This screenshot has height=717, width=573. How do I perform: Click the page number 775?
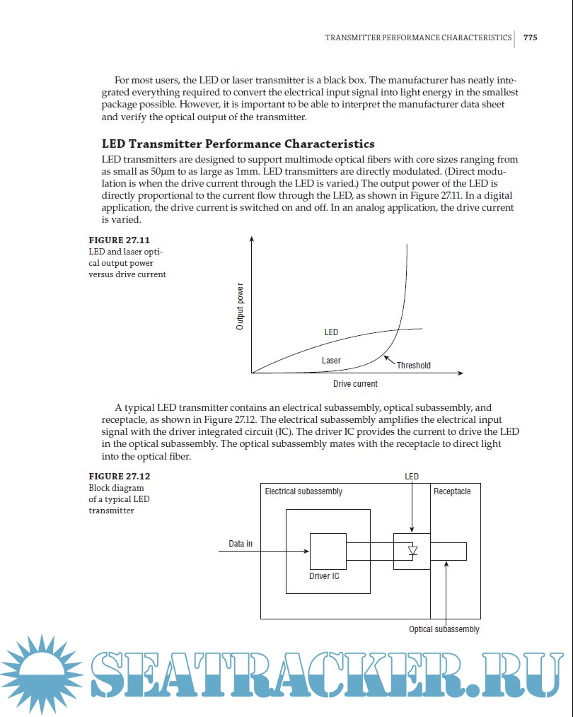(x=530, y=37)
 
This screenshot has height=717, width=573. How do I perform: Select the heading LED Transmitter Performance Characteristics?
(x=238, y=144)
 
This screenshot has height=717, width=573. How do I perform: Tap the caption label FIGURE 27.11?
(x=119, y=240)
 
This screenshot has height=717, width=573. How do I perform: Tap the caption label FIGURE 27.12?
(x=119, y=476)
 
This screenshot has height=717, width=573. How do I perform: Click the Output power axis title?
(x=240, y=307)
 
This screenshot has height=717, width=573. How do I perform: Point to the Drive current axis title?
(x=355, y=384)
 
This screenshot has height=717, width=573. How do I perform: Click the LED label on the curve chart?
(x=331, y=332)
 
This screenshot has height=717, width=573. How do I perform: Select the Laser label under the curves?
(x=331, y=361)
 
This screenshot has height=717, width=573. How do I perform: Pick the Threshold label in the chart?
(x=413, y=366)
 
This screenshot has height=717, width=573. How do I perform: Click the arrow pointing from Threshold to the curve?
(x=389, y=359)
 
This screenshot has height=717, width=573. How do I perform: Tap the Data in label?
(x=241, y=544)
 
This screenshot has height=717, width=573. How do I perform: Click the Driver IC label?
(x=324, y=576)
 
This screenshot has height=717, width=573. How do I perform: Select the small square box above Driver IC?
(x=328, y=552)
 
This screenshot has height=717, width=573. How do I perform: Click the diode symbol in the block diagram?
(x=413, y=551)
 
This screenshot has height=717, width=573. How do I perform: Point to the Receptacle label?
(x=452, y=491)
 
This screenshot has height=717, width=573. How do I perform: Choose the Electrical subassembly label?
(x=303, y=491)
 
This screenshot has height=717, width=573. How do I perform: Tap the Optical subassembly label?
(x=444, y=629)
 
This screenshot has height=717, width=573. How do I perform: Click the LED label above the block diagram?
(x=412, y=477)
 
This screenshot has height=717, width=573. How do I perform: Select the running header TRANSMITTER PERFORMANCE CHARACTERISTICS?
(x=418, y=37)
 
